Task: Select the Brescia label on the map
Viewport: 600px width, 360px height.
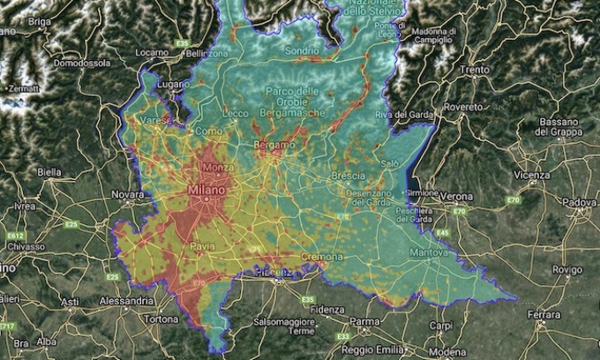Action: click(348, 176)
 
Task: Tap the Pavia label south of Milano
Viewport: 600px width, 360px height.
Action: click(202, 245)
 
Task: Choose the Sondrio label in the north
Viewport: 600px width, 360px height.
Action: click(301, 51)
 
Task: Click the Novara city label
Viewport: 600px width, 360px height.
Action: click(128, 194)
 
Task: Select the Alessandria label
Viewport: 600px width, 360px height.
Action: click(118, 300)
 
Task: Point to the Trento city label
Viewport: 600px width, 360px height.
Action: click(473, 69)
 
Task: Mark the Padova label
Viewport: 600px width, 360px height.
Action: click(580, 203)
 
